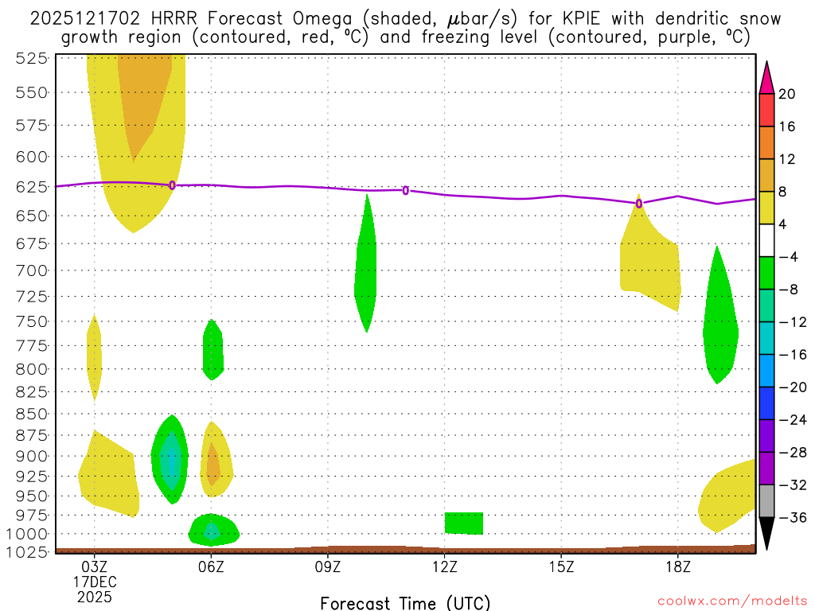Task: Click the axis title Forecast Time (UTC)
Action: [405, 602]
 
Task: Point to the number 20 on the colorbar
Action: [787, 94]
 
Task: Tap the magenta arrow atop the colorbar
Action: [766, 78]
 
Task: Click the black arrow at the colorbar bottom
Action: [766, 533]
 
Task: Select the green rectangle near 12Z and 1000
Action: [464, 523]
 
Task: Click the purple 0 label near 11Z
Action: [406, 190]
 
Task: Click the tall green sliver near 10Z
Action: [366, 263]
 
